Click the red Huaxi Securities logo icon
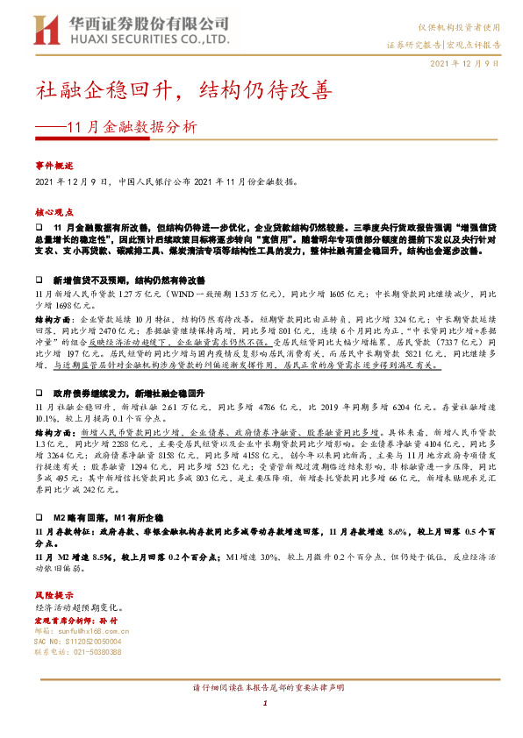[47, 28]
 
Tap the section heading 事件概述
[54, 165]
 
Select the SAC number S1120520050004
[78, 642]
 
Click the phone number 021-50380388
[78, 653]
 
